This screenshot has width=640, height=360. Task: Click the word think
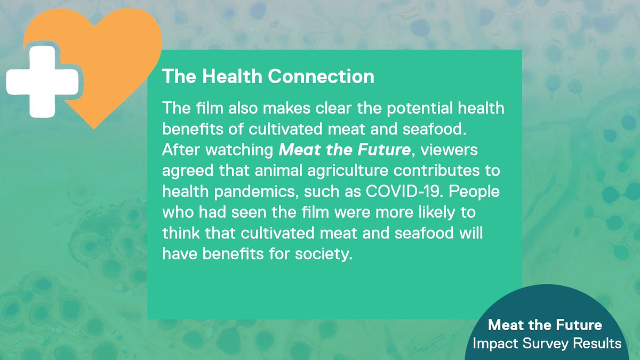pyautogui.click(x=180, y=234)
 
